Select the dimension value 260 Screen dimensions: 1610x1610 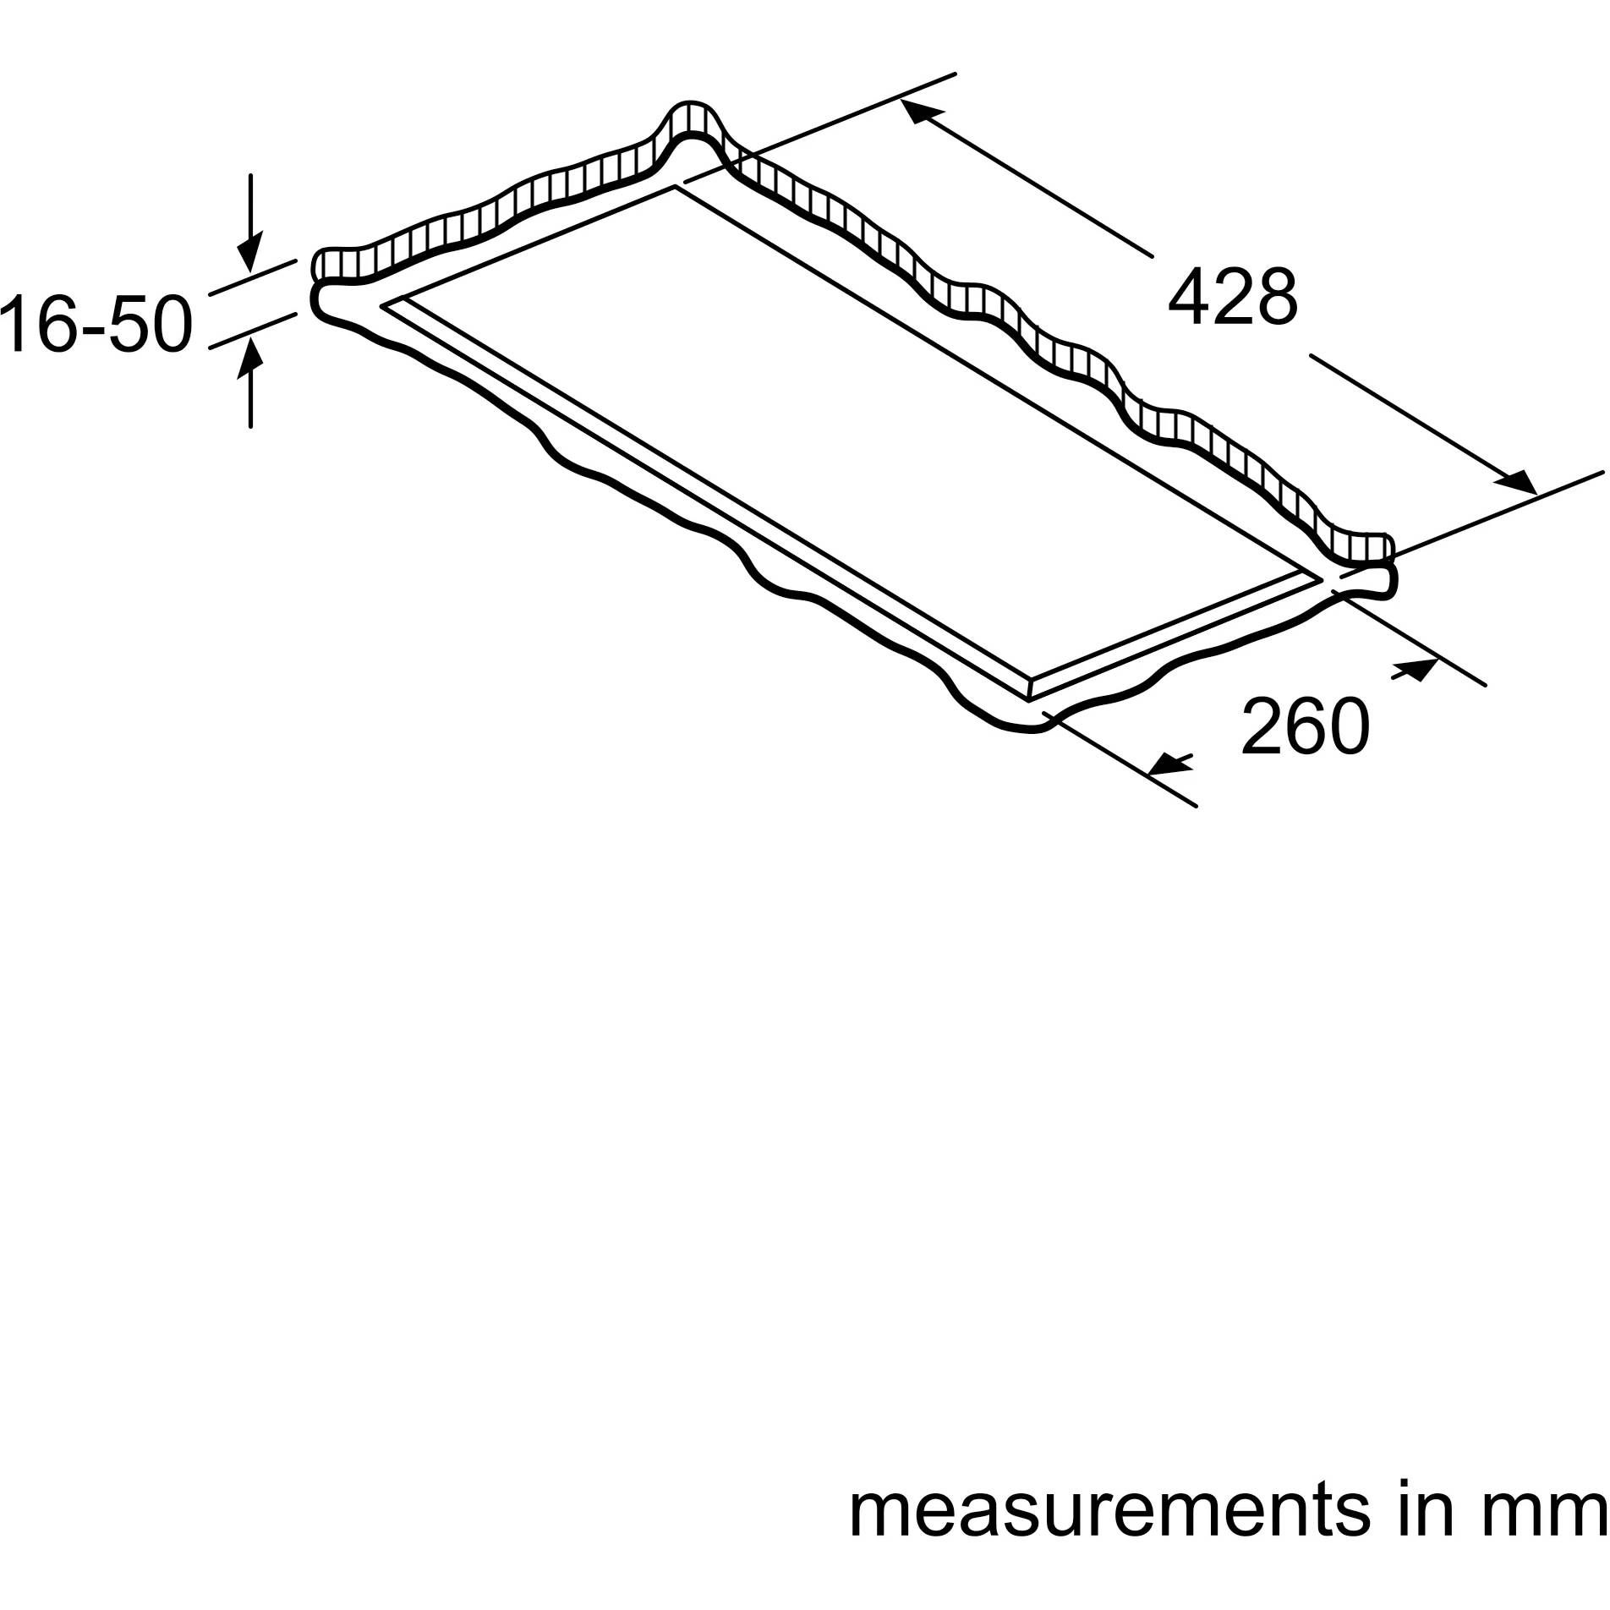click(1304, 726)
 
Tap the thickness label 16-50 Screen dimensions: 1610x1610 click(95, 324)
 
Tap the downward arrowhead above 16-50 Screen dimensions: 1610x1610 click(249, 255)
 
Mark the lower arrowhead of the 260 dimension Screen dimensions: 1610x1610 click(1167, 764)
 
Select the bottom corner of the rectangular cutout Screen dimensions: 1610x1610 click(1028, 700)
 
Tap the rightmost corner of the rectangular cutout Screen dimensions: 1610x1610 click(1322, 577)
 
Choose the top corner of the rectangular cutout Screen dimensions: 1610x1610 click(675, 184)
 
